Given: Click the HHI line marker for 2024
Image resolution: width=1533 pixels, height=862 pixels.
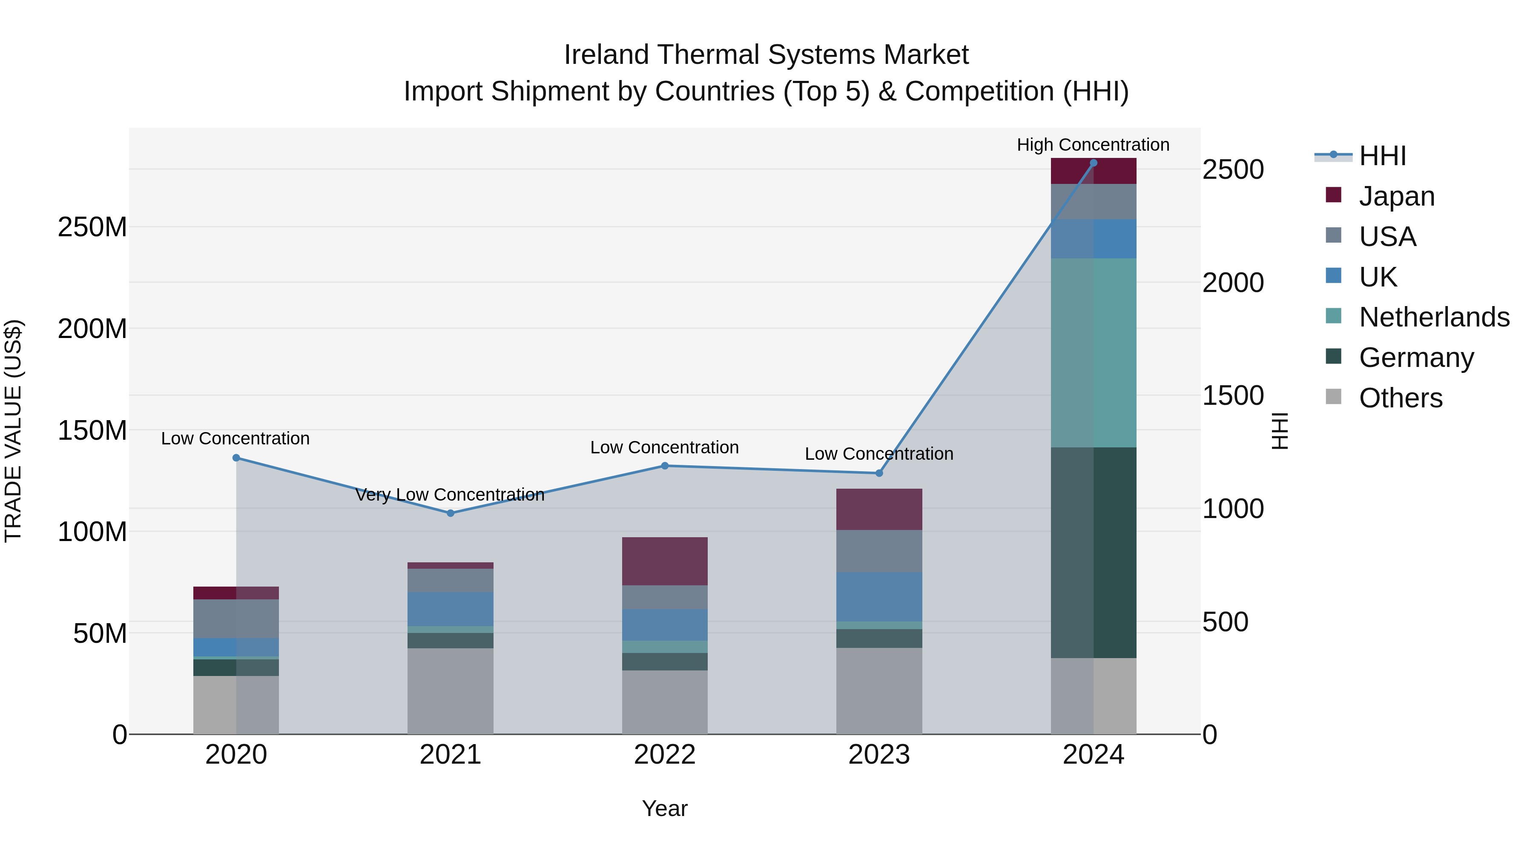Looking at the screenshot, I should coord(1093,163).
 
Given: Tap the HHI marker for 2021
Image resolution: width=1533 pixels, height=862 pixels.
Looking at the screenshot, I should coord(451,513).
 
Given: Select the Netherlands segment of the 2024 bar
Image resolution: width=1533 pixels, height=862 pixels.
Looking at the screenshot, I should coord(1093,353).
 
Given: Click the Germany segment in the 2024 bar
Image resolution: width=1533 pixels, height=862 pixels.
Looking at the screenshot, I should coord(1093,553).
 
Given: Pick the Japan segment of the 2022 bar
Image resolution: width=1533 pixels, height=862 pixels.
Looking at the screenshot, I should coord(665,561).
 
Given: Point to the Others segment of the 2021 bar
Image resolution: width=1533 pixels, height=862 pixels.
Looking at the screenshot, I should coord(451,691).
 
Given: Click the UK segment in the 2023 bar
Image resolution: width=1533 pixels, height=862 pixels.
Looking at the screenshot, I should coord(879,597).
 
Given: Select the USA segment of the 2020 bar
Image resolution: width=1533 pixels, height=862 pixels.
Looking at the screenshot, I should coord(236,619).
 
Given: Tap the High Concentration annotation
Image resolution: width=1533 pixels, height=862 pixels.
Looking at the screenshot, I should coord(1093,145).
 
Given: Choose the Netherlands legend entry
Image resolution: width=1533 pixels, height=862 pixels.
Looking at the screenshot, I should coord(1434,317).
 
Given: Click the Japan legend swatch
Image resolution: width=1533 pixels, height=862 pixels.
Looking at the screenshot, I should coord(1334,195).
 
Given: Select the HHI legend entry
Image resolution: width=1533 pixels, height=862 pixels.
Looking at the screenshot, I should coord(1382,156).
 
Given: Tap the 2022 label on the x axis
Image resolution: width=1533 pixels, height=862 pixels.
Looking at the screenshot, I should coord(665,755).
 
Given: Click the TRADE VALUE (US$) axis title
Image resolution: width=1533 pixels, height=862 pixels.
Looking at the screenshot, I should coord(14,431).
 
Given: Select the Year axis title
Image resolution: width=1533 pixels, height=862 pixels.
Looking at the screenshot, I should coord(665,808).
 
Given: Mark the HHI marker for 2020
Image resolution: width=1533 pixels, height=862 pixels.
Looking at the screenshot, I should coord(236,458).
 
